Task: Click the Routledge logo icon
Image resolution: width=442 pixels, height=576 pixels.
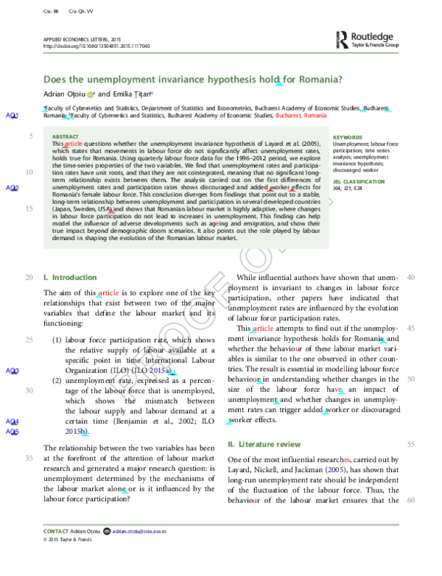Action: tap(342, 40)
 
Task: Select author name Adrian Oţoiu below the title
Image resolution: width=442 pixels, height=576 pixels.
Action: tap(64, 94)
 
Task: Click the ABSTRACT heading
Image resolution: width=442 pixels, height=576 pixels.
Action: tap(65, 137)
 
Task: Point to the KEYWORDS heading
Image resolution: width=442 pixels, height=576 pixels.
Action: tap(348, 137)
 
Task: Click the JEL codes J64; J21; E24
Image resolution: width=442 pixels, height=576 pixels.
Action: tap(353, 188)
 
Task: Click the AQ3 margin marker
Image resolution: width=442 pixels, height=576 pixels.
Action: tap(12, 371)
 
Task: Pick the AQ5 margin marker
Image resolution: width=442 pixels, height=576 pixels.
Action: tap(12, 432)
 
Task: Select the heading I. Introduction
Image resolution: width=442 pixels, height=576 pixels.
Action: tap(70, 277)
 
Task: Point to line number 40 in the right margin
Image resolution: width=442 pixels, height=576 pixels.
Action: tap(411, 277)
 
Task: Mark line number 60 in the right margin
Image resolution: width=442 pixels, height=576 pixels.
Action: tap(411, 501)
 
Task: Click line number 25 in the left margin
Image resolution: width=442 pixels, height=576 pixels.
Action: tap(29, 340)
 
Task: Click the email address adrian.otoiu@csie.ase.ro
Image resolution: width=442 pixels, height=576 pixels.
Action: tap(144, 530)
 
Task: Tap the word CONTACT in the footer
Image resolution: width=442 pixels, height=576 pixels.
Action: tap(57, 530)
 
